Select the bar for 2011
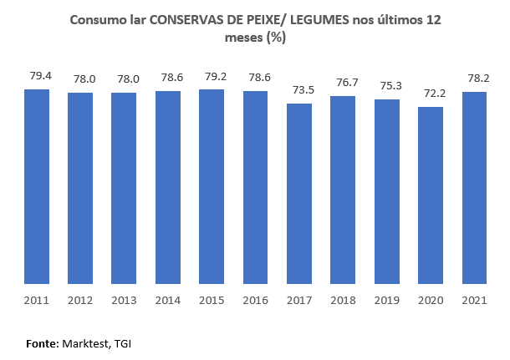(x=37, y=186)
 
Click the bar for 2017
(x=298, y=193)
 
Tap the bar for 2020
(x=430, y=195)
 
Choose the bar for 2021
(x=473, y=187)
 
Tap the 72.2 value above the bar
(x=430, y=94)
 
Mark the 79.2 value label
(x=212, y=76)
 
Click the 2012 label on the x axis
(x=80, y=300)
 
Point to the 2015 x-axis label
(x=212, y=300)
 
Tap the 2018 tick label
(x=342, y=300)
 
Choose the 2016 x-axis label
(x=255, y=300)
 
